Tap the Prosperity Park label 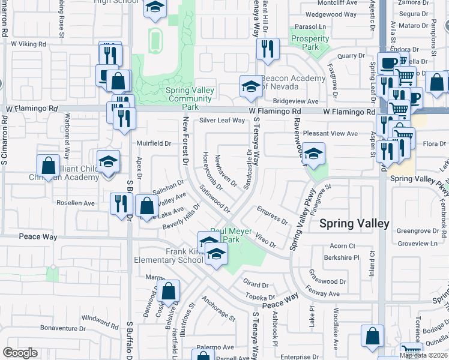[310, 43]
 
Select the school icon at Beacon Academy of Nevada [251, 87]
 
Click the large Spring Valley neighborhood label [354, 223]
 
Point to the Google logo [20, 353]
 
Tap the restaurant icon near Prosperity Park [268, 49]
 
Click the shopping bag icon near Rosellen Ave [147, 206]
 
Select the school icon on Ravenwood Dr [313, 154]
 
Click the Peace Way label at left [38, 237]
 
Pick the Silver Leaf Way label [222, 120]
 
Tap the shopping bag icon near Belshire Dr [170, 292]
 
